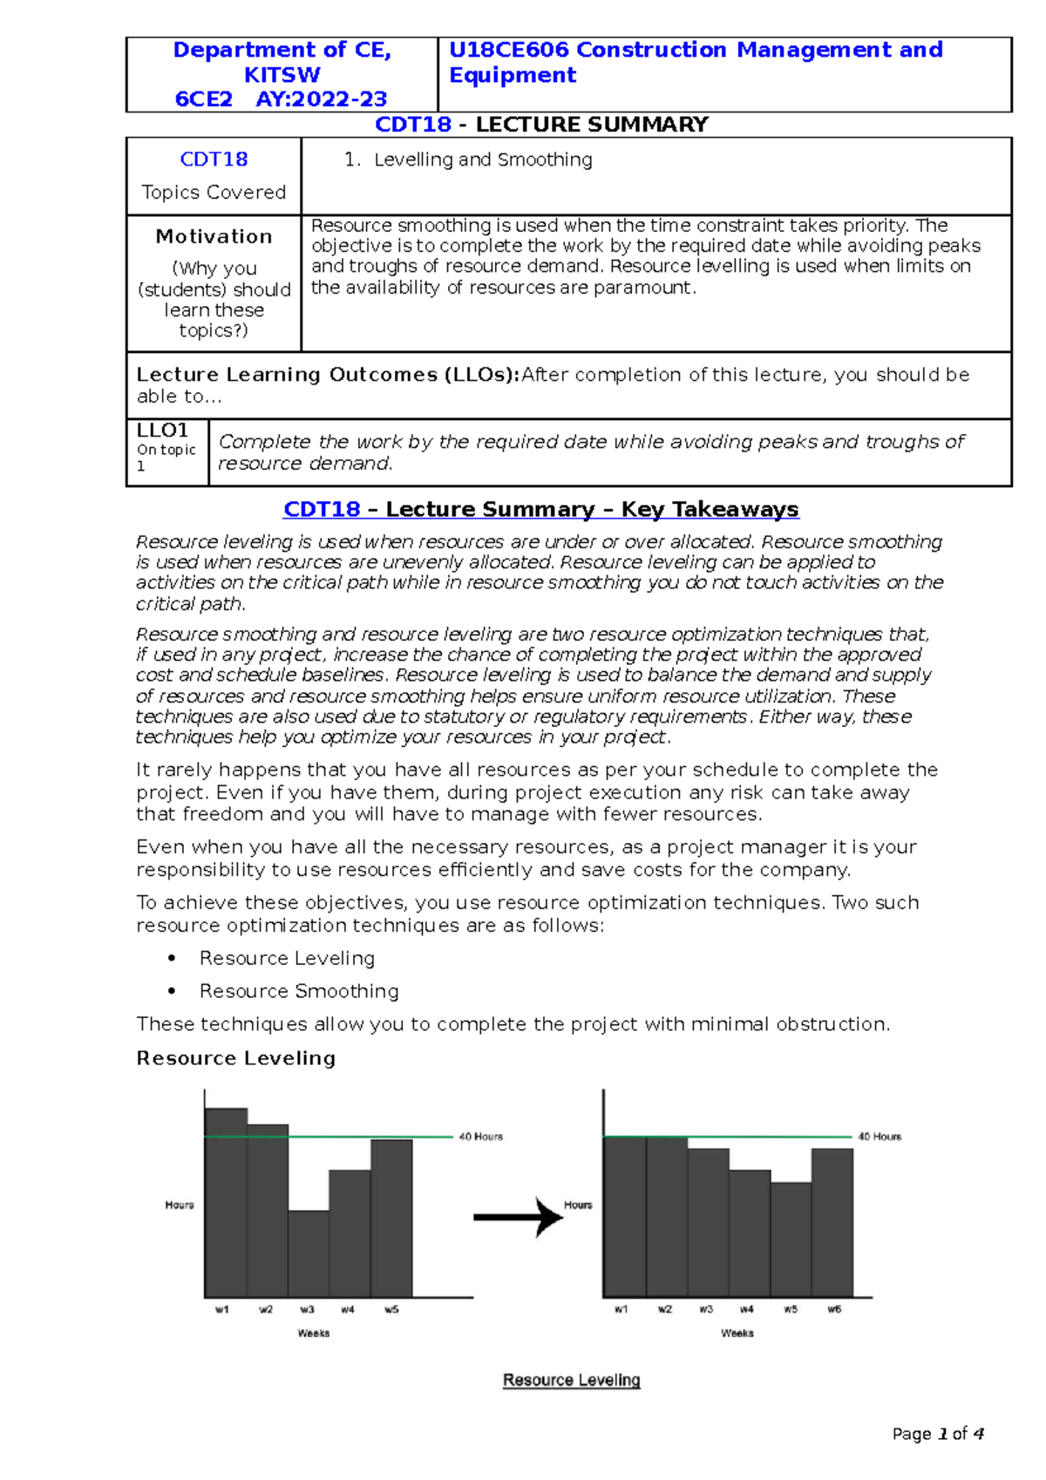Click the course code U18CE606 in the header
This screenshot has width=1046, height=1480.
[x=509, y=51]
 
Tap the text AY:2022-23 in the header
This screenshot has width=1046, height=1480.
[x=321, y=99]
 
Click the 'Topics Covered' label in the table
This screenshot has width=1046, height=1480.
[x=214, y=193]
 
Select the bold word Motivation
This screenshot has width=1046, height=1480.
[x=214, y=236]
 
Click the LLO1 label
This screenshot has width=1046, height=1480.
[x=162, y=431]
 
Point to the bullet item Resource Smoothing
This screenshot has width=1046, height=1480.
[x=299, y=991]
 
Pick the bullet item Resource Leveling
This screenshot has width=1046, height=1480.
[x=287, y=958]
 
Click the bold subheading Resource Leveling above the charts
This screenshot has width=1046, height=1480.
[x=235, y=1058]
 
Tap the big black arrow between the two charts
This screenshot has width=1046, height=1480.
[x=520, y=1217]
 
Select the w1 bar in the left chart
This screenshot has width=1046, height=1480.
[x=226, y=1203]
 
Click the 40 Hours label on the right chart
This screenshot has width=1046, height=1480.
[x=880, y=1137]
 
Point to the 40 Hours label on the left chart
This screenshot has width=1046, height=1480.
[x=480, y=1137]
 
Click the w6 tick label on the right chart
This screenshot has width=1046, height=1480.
[x=834, y=1309]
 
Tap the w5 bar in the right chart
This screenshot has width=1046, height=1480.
[x=791, y=1238]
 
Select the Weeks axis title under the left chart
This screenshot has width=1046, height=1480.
[x=314, y=1334]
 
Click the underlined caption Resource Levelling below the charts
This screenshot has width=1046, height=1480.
[x=572, y=1380]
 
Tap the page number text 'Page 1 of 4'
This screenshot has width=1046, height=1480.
[x=938, y=1434]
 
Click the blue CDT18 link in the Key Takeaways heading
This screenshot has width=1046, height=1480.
[x=322, y=510]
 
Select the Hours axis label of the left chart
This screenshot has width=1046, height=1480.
[x=180, y=1205]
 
